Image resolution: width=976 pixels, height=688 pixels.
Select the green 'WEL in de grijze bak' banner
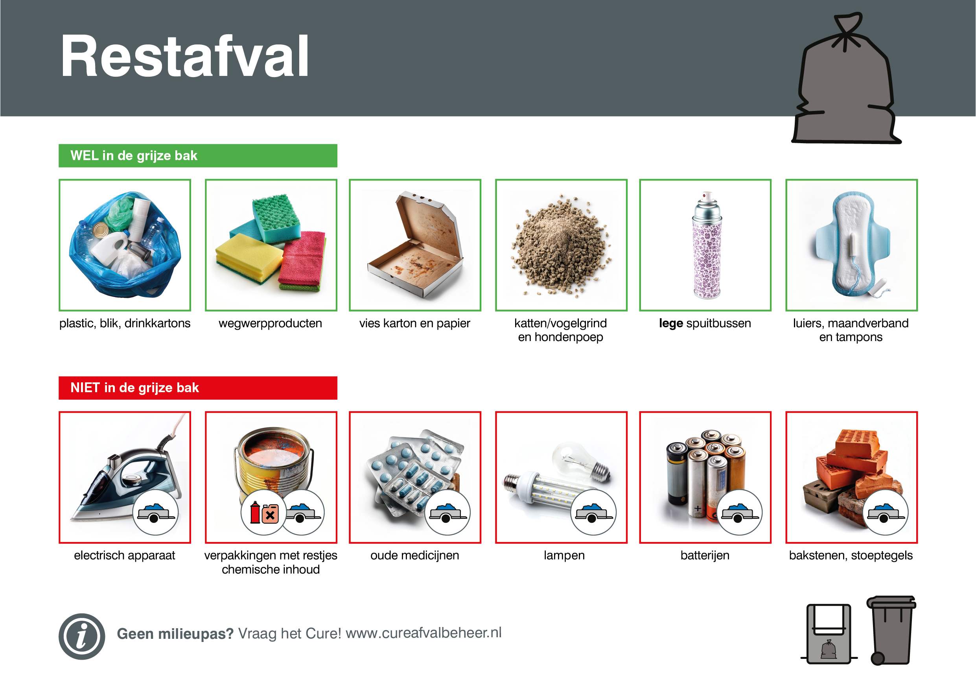tap(198, 156)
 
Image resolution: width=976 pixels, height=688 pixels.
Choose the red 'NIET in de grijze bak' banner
tap(198, 388)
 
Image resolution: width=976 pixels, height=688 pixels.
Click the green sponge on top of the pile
tap(276, 218)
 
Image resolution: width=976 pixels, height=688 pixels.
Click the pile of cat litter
tap(561, 246)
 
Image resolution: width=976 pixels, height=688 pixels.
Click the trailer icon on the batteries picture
tap(740, 513)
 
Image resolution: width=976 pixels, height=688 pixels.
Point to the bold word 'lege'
tap(671, 324)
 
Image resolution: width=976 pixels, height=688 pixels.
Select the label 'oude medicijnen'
tap(415, 555)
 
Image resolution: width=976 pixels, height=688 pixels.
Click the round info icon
tap(82, 636)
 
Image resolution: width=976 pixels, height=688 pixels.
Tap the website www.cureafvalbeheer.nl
tap(424, 633)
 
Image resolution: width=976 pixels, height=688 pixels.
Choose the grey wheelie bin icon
tap(891, 630)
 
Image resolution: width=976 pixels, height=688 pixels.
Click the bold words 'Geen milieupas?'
tap(175, 634)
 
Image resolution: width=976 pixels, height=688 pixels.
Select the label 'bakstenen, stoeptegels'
tap(851, 555)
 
